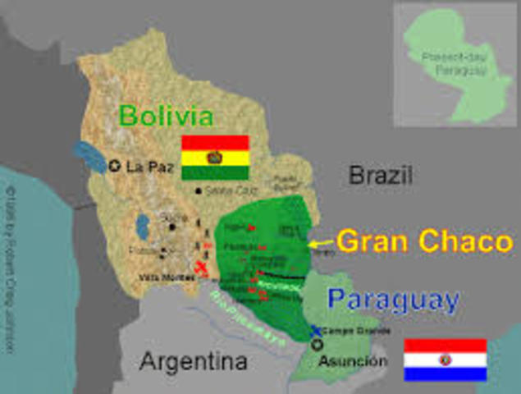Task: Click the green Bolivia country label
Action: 166,116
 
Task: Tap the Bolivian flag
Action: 215,158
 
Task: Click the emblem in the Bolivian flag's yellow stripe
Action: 215,157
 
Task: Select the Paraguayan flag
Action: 445,360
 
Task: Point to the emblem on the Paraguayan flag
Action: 445,360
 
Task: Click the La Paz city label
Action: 149,166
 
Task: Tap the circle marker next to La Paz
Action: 114,166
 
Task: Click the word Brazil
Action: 380,175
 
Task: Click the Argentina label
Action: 192,361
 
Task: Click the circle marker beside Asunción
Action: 317,346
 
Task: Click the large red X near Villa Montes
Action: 202,268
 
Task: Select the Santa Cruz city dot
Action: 198,191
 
